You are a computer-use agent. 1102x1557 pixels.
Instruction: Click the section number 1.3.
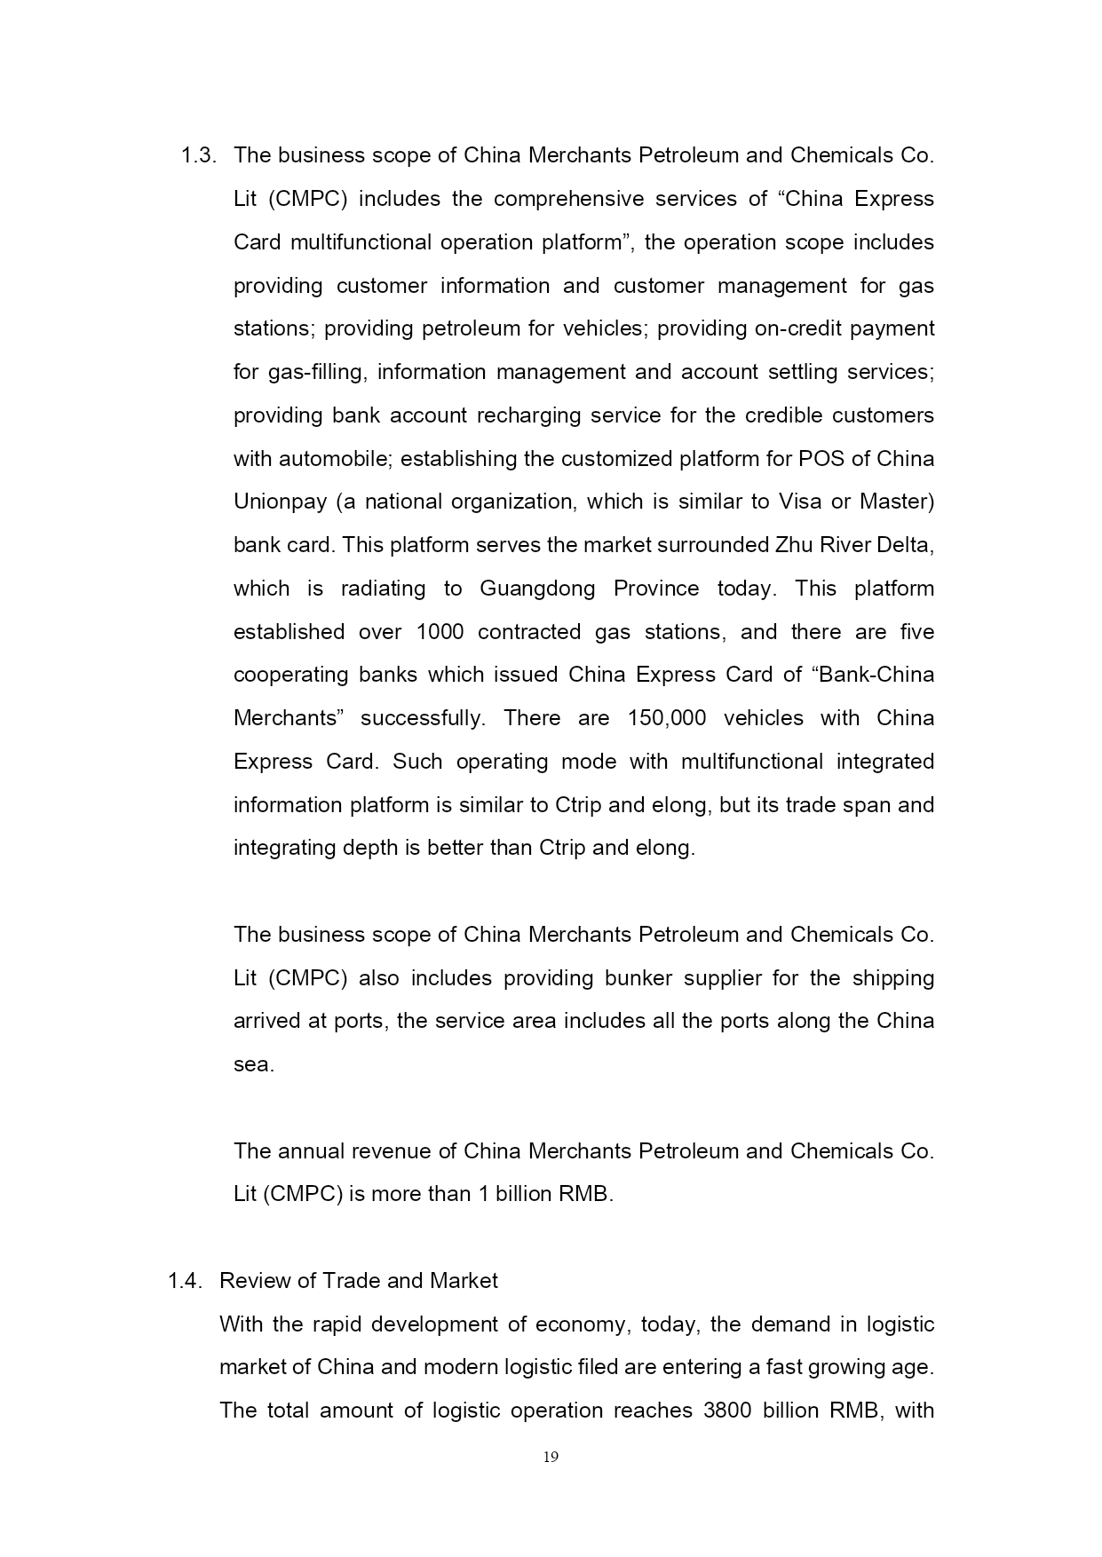tap(198, 156)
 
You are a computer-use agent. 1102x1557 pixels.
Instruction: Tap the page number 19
tap(551, 1457)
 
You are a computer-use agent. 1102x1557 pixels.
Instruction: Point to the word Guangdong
tap(537, 589)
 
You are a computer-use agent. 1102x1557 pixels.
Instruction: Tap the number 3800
tap(727, 1411)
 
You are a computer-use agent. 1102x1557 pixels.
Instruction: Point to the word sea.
tap(253, 1065)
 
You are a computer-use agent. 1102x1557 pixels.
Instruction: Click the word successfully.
tap(423, 718)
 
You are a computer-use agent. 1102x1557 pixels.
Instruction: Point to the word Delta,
tap(905, 545)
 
